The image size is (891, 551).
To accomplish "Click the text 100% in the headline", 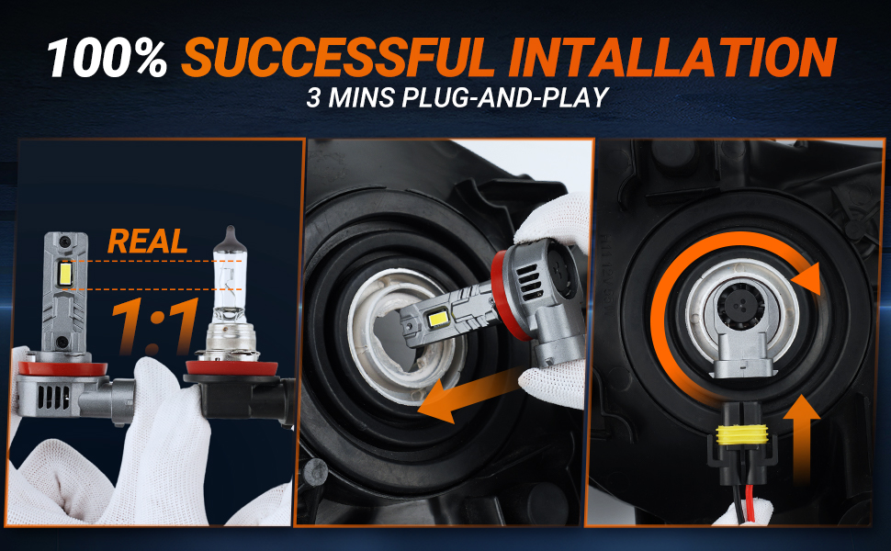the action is (107, 58).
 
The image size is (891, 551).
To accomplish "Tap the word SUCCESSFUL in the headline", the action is (339, 57).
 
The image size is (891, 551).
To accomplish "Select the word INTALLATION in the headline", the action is (672, 57).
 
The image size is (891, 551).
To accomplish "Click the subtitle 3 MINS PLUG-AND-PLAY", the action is (457, 97).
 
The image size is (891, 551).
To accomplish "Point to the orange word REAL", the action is (147, 242).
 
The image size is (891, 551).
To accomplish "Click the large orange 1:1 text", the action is (154, 325).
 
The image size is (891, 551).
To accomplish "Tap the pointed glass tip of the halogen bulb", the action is (230, 233).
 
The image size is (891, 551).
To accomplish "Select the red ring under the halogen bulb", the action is (231, 368).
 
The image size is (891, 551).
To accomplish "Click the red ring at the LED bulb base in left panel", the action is (62, 368).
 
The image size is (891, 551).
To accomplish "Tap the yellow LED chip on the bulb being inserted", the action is (439, 319).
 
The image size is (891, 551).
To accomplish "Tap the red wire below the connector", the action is (750, 496).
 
